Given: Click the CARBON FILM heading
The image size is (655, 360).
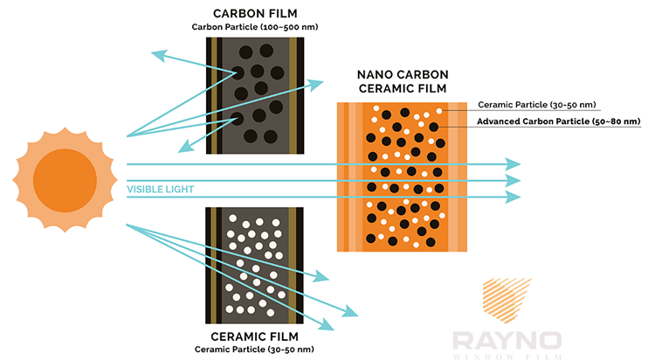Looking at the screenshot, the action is point(255,13).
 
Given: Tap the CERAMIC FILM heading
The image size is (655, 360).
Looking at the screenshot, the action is point(254,336).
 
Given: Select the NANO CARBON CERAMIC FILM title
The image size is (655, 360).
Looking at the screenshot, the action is point(403,81).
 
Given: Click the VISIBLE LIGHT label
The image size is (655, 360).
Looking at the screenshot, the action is point(161,190).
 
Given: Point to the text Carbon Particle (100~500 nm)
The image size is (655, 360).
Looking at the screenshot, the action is point(255,27).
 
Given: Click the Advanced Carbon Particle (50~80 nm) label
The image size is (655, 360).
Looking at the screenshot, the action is point(559,121).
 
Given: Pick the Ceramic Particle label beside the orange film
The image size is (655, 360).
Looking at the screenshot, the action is point(537,105).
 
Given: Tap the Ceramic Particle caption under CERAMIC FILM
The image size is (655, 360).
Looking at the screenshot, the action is point(254,350).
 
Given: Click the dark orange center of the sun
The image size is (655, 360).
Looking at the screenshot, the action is point(65,180).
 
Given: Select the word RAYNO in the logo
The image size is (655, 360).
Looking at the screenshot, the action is point(507,341).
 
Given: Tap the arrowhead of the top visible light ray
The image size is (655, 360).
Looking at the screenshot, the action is point(513,164).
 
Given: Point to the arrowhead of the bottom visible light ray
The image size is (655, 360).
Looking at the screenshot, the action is point(513,197).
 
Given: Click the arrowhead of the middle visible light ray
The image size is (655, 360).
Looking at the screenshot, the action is point(513,181).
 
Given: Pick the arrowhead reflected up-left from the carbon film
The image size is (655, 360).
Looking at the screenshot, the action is point(159,55).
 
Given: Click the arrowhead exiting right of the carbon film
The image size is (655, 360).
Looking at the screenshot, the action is point(316,84).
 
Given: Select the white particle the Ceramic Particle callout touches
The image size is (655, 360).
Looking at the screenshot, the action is point(439,111).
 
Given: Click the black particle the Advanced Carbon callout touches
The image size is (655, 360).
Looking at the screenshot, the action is point(433,127).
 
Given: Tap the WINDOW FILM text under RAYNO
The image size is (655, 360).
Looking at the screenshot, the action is point(507,357).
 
